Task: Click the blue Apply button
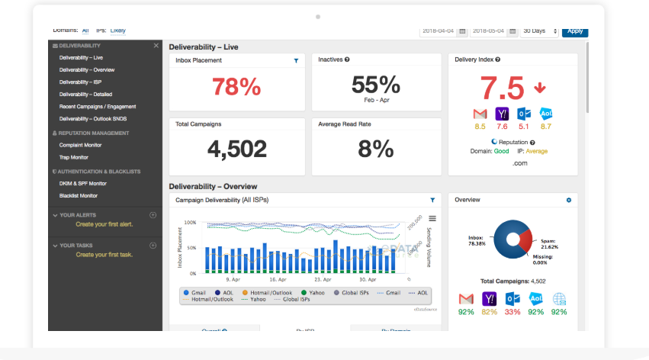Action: point(574,31)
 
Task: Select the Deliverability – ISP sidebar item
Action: point(80,82)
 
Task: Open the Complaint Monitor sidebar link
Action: point(80,145)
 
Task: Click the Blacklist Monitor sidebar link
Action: point(79,196)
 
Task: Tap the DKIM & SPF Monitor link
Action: point(82,183)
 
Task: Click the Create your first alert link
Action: point(104,224)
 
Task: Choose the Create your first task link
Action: point(104,254)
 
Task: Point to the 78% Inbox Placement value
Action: point(236,87)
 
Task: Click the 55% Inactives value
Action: point(376,84)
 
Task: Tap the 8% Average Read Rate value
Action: point(376,148)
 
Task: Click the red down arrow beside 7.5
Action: point(540,88)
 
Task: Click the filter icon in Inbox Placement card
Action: point(296,60)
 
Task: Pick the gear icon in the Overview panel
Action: point(568,200)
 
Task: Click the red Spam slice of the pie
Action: point(524,241)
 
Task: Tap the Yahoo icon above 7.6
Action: point(501,114)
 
